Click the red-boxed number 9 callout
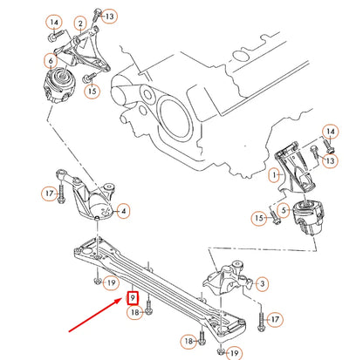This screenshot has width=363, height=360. click(133, 297)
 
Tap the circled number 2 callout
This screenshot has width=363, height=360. click(79, 24)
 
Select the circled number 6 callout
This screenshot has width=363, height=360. click(51, 62)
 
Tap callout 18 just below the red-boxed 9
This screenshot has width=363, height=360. click(134, 312)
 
